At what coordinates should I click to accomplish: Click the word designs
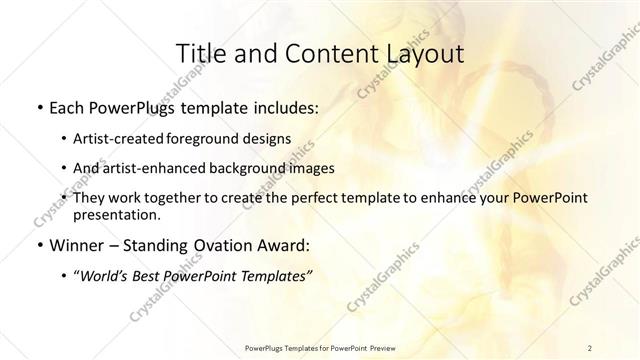coord(270,138)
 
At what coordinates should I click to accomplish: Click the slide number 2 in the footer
coord(590,347)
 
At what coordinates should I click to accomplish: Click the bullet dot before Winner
coord(38,245)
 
